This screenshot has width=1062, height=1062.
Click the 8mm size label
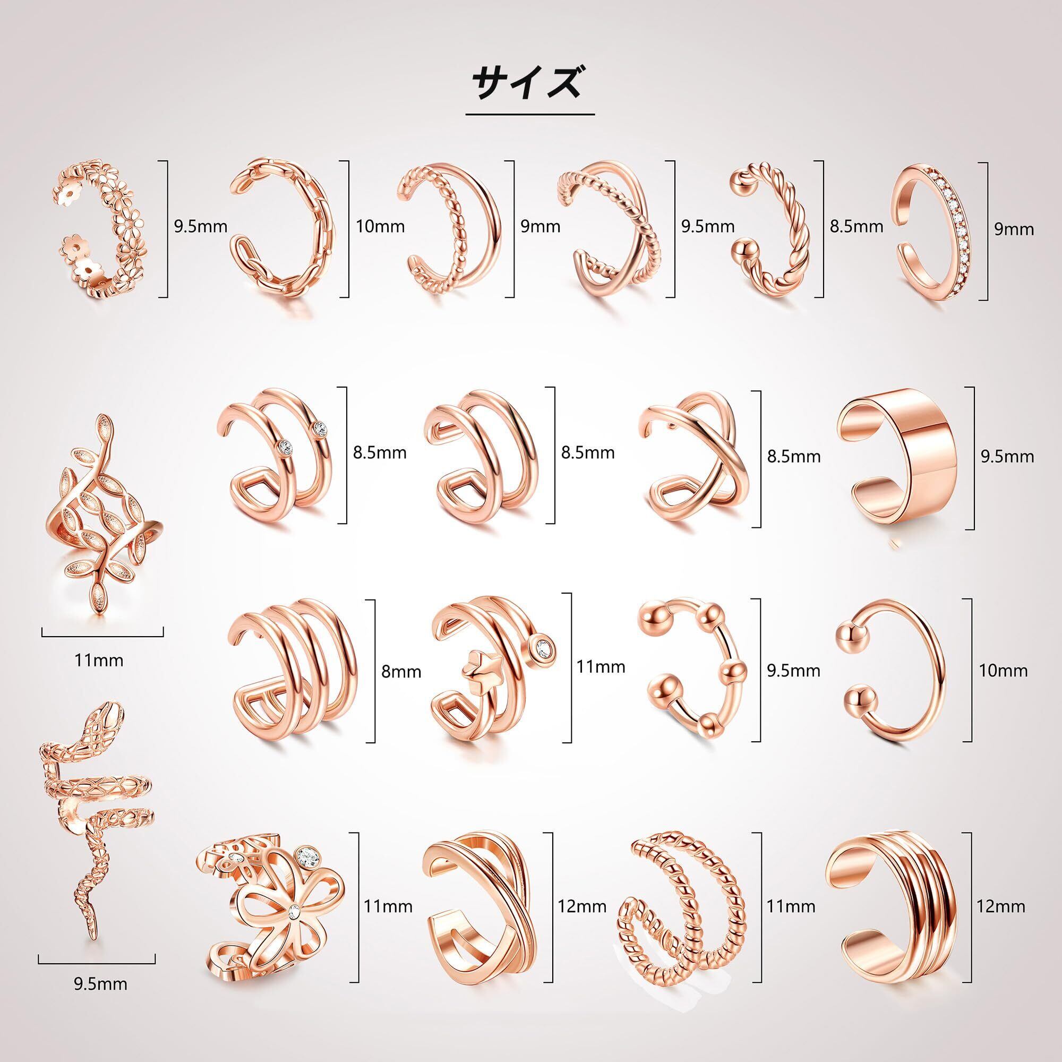pyautogui.click(x=401, y=672)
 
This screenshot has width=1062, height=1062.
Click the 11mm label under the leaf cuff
pyautogui.click(x=99, y=660)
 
